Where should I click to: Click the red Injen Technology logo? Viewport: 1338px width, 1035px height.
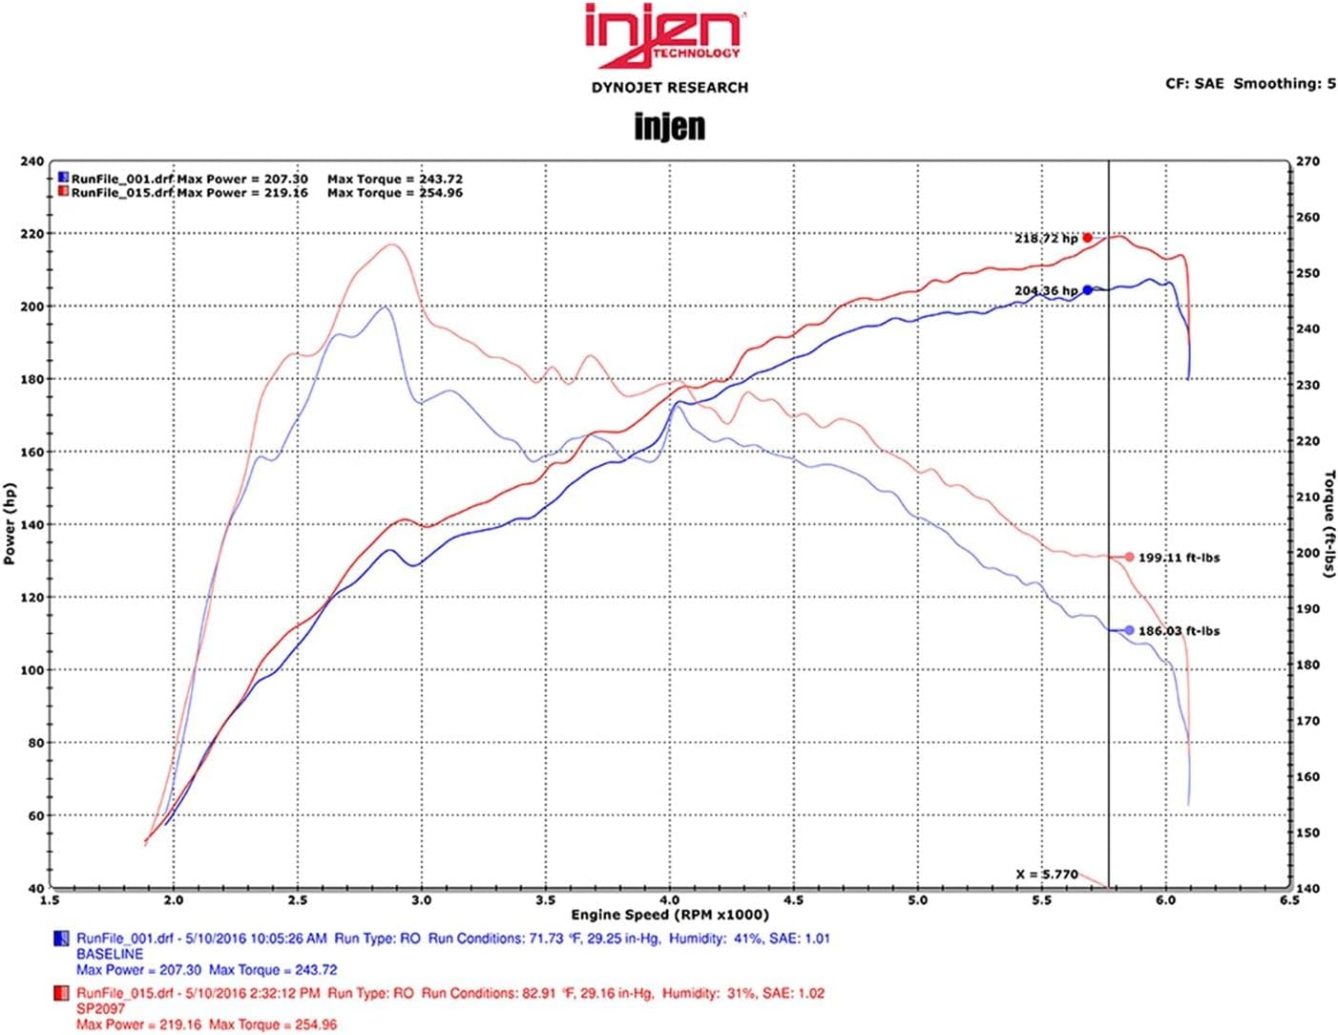pos(664,36)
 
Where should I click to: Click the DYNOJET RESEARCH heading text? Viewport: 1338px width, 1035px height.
pos(669,88)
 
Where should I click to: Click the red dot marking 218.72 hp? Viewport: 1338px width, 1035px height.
pos(1087,238)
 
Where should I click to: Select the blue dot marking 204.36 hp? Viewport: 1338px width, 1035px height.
pos(1087,290)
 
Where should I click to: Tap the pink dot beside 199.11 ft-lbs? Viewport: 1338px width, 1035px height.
pos(1129,558)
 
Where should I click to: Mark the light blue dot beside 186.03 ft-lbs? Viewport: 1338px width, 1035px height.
pos(1129,630)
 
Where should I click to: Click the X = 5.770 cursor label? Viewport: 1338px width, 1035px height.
pos(1047,874)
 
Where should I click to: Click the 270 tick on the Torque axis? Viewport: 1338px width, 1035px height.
pos(1307,161)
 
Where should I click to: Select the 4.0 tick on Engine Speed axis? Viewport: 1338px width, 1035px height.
pos(670,899)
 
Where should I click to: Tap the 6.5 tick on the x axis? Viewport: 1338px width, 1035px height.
pos(1289,899)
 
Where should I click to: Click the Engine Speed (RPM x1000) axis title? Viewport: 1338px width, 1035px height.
pos(670,916)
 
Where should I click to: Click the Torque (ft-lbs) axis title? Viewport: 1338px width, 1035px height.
pos(1328,523)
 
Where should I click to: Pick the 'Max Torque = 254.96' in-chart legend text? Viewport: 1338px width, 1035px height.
pos(394,193)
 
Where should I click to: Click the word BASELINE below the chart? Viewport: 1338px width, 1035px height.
pos(110,954)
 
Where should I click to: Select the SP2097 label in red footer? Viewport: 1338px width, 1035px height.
pos(100,1008)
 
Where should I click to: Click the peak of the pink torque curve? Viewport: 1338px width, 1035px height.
pos(392,244)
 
